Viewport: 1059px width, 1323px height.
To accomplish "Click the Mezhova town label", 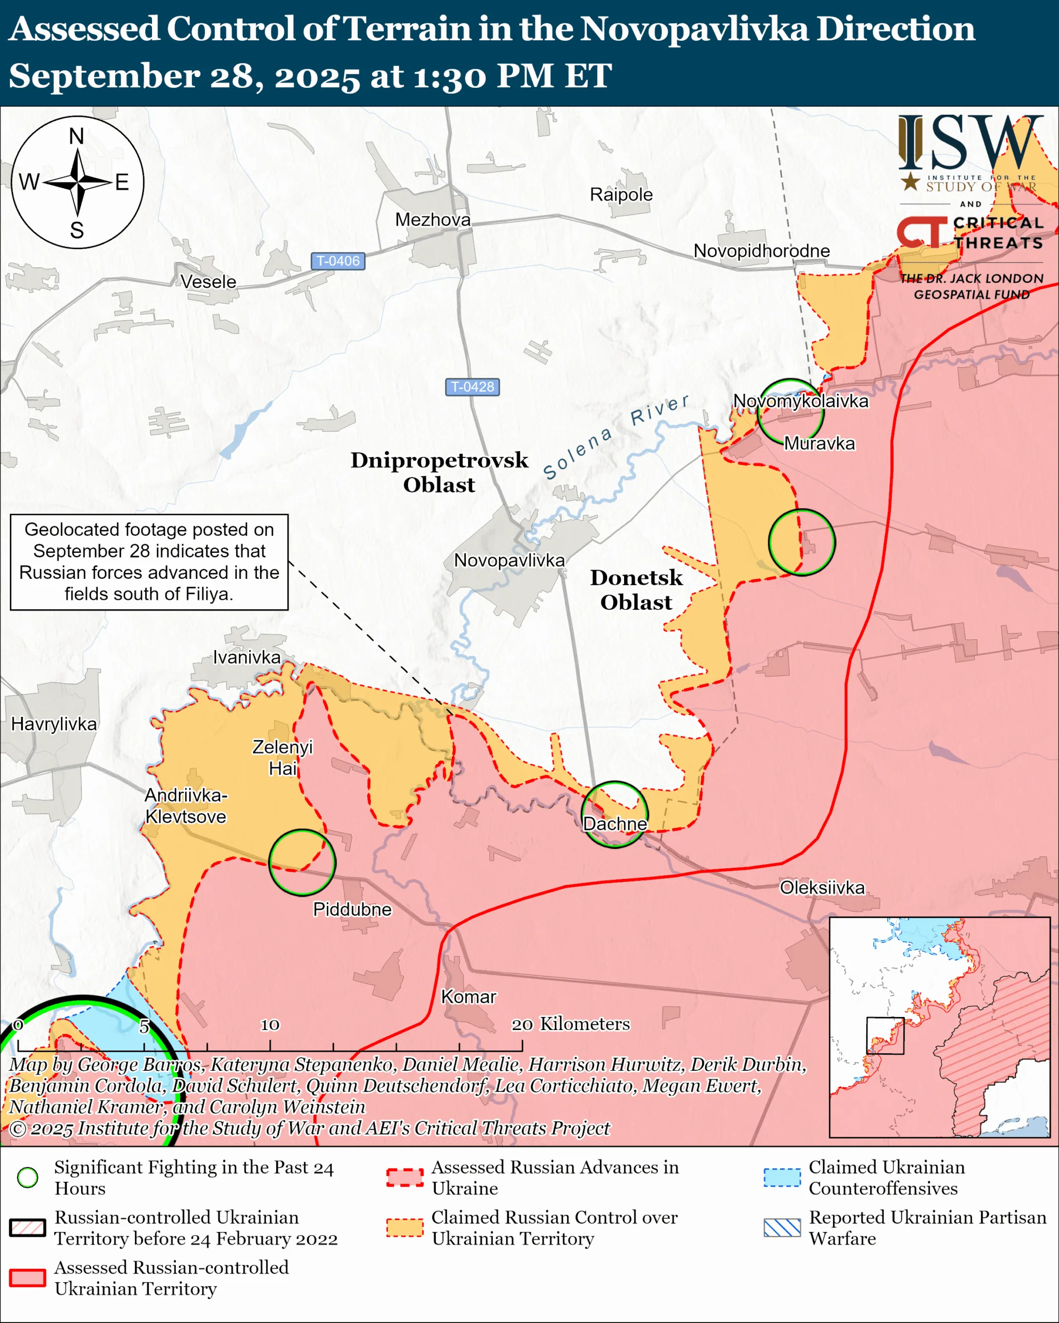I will click(x=433, y=220).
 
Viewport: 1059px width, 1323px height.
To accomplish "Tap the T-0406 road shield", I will click(x=338, y=261).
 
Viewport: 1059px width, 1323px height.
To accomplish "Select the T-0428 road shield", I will click(x=472, y=387).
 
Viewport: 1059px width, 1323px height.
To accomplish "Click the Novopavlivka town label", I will click(x=509, y=560).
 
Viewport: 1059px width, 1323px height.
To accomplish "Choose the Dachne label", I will click(x=614, y=823).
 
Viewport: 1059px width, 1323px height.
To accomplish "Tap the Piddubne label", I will click(x=352, y=909).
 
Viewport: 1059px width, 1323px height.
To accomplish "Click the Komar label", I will click(x=468, y=996).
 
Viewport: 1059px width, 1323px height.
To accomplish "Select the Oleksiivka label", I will click(x=822, y=887).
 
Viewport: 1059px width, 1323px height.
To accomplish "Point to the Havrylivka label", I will click(x=54, y=724).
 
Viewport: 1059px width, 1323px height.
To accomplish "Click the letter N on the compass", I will click(x=77, y=136).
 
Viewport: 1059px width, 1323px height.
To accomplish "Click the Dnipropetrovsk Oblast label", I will click(x=439, y=472).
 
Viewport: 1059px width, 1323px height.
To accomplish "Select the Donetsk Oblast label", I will click(x=636, y=590).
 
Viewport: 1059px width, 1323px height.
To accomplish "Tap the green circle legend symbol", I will click(x=27, y=1178).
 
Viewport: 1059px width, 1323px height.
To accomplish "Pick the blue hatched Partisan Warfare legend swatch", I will click(x=782, y=1228).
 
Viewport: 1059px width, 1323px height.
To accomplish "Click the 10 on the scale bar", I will click(x=269, y=1025).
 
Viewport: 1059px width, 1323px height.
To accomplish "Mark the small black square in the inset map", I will click(x=885, y=1036).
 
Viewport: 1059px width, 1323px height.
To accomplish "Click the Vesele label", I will click(x=208, y=282).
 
